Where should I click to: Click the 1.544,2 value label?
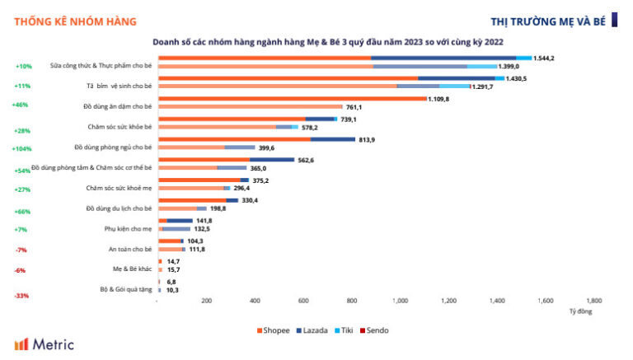click(544, 58)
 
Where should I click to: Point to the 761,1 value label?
click(354, 106)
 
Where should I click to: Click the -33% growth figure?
click(22, 296)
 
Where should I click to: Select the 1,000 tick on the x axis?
click(401, 301)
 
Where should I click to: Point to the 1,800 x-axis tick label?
click(593, 301)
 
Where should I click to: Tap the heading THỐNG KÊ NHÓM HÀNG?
click(75, 21)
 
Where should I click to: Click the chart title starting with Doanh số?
click(327, 40)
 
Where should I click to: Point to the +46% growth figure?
click(21, 105)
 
